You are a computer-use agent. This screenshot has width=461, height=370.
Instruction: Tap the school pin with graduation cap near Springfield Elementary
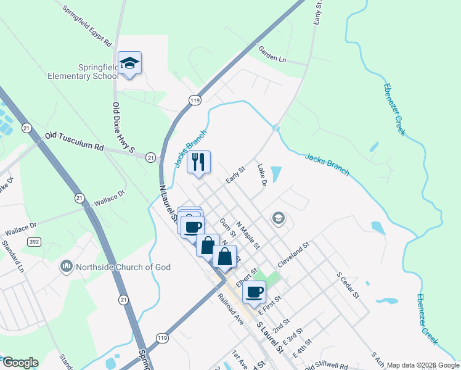(x=130, y=63)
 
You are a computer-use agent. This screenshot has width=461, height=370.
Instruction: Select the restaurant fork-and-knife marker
(x=198, y=162)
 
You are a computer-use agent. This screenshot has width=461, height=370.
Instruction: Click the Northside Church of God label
(x=123, y=267)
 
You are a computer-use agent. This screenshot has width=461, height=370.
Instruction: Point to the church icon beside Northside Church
(x=66, y=267)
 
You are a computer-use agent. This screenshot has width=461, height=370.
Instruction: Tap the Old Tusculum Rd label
(x=74, y=141)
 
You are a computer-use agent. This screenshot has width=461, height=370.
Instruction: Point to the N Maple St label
(x=249, y=236)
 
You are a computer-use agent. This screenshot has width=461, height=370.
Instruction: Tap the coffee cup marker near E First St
(x=254, y=292)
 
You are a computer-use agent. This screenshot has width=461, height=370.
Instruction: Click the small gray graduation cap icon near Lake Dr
(x=279, y=218)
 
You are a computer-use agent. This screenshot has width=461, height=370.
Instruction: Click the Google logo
(x=20, y=363)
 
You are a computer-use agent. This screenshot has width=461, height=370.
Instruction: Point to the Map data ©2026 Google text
(x=423, y=365)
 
